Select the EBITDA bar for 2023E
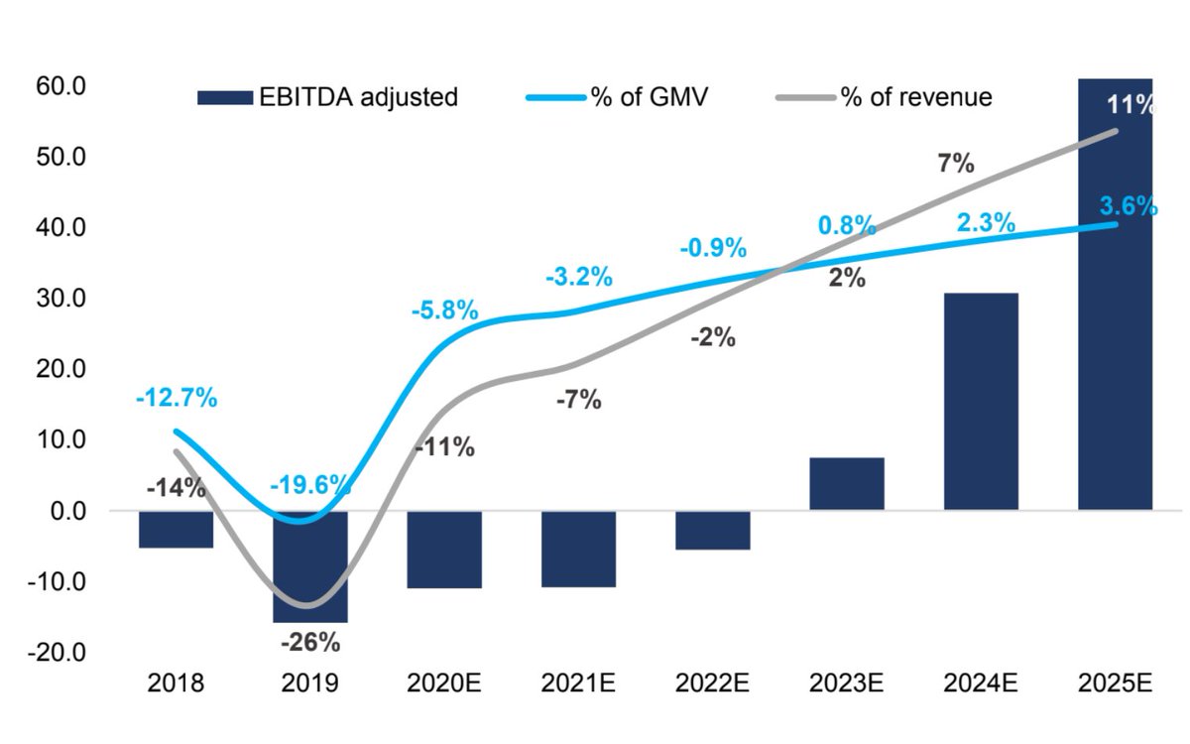(x=846, y=484)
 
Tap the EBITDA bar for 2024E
(x=981, y=402)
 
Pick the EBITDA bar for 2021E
(x=578, y=549)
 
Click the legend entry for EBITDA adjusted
(x=327, y=97)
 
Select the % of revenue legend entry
(x=883, y=97)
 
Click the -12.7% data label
(x=176, y=399)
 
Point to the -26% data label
(x=309, y=642)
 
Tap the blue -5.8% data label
(x=444, y=310)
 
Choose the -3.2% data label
(x=579, y=277)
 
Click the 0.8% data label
(x=846, y=225)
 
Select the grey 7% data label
(x=955, y=164)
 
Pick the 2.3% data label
(x=986, y=223)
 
